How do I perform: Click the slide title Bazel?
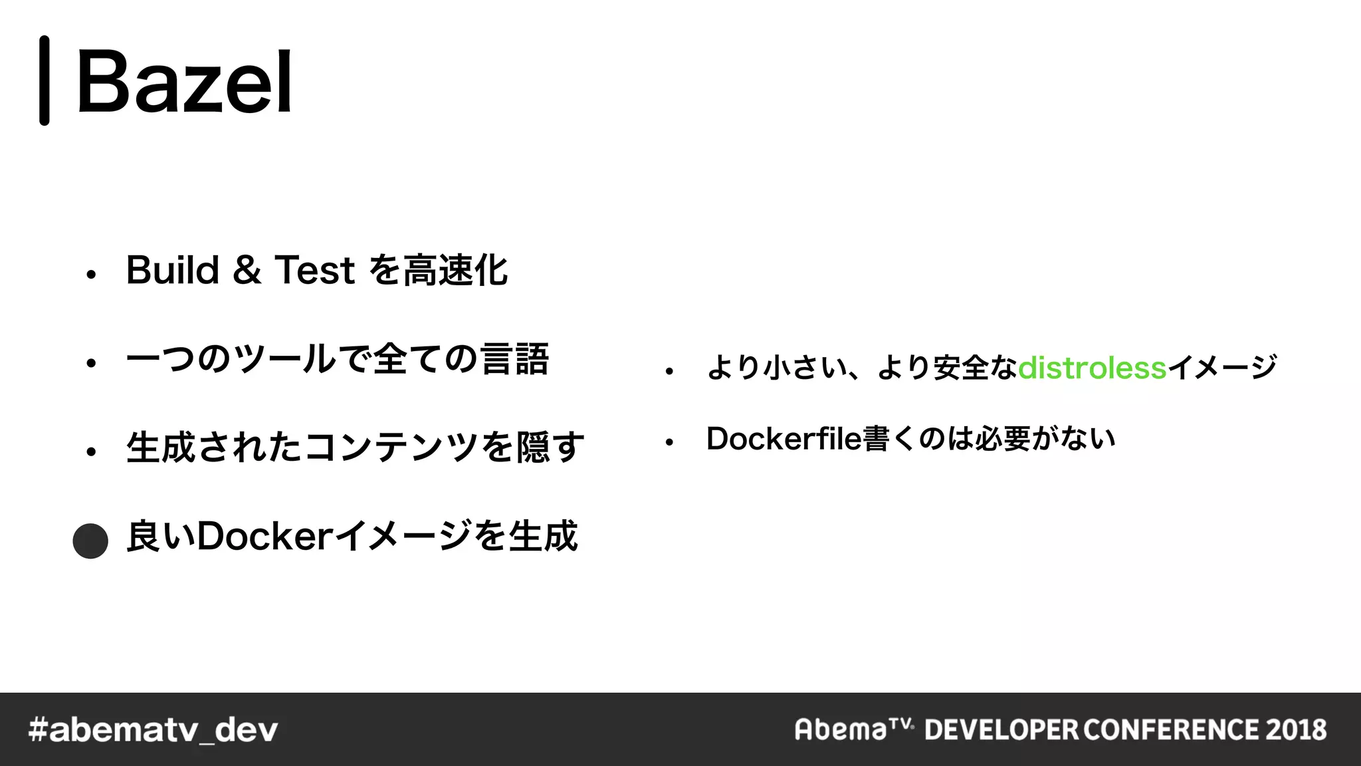[185, 82]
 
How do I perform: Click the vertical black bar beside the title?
[45, 80]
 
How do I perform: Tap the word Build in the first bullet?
[173, 270]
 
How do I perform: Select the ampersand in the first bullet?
[247, 270]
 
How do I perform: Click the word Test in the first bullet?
[315, 270]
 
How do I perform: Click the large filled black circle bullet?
[90, 541]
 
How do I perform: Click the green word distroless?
[1092, 368]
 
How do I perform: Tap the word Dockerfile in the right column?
[784, 439]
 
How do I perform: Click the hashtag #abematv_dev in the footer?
[153, 730]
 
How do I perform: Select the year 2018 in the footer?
[1296, 729]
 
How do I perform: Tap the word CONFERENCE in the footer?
[1171, 729]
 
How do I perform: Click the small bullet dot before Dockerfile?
[669, 442]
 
